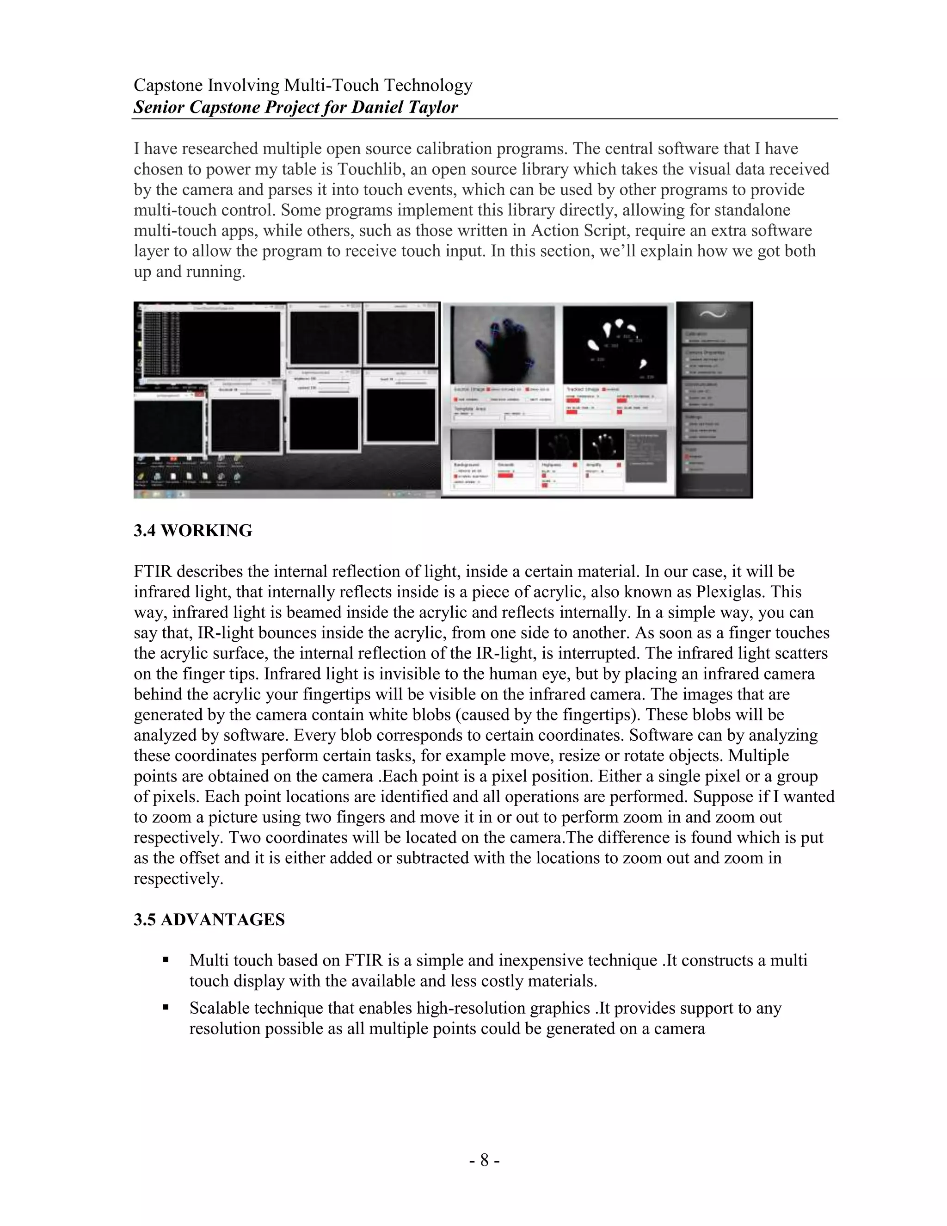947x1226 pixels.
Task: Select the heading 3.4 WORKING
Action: tap(193, 531)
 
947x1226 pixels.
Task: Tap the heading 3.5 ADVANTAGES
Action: tap(209, 920)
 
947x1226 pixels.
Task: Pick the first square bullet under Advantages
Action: tap(166, 960)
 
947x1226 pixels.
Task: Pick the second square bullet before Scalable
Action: tap(166, 1008)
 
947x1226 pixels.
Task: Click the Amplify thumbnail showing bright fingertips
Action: tap(603, 445)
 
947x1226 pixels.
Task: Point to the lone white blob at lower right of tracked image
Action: tap(644, 364)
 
